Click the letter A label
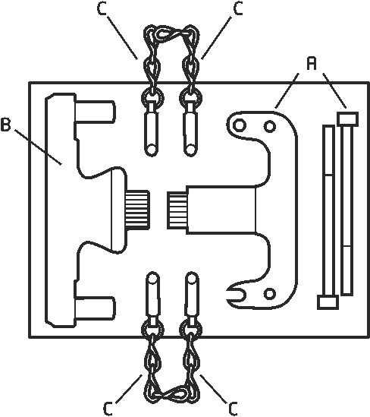[312, 64]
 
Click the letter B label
[5, 125]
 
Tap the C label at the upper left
[102, 8]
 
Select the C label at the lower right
[232, 409]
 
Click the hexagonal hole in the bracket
[239, 125]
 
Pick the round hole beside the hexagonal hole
[270, 126]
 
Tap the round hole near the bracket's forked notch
[270, 294]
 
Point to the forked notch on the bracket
[237, 294]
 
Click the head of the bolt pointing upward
[347, 118]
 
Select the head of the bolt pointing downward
[328, 302]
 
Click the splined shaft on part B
[137, 210]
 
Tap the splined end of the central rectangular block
[177, 210]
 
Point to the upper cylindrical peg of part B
[96, 112]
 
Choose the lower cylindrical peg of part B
[96, 308]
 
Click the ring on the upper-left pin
[152, 97]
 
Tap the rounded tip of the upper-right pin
[190, 149]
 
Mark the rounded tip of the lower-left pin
[152, 278]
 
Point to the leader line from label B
[38, 147]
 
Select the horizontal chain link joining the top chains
[171, 33]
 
